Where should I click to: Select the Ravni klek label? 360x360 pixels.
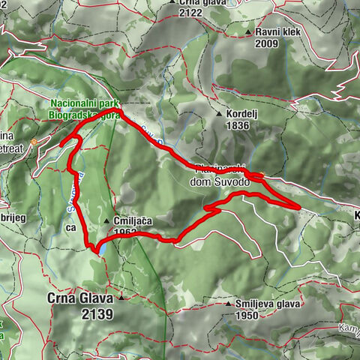(277, 32)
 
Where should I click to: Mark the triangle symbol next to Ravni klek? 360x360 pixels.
(249, 33)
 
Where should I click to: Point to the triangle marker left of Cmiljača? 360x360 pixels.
(108, 221)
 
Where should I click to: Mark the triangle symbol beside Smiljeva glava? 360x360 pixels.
(229, 304)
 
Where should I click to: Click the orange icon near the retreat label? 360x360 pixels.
(34, 141)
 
